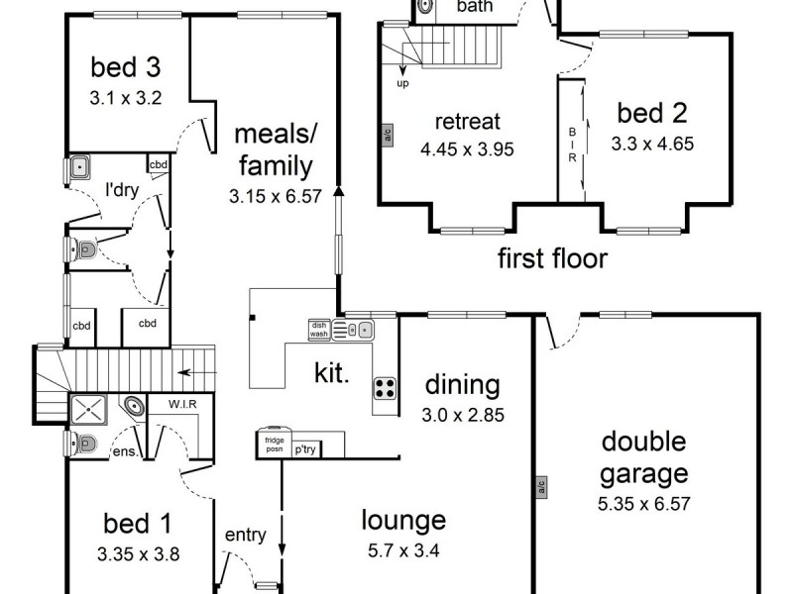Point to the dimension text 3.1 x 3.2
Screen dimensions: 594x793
tap(125, 98)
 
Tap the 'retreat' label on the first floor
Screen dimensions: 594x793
tap(468, 122)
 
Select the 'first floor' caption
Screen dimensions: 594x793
tap(551, 259)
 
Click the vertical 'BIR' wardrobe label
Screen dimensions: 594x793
tap(571, 144)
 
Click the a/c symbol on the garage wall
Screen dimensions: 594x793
tap(541, 486)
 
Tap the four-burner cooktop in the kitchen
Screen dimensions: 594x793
tap(385, 388)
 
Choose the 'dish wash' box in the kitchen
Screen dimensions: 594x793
tap(318, 329)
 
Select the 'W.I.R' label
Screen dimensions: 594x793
tap(179, 404)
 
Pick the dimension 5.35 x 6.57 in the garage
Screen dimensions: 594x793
tap(643, 503)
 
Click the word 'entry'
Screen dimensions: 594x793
tap(245, 536)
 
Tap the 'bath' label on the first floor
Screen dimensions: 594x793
tap(474, 7)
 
